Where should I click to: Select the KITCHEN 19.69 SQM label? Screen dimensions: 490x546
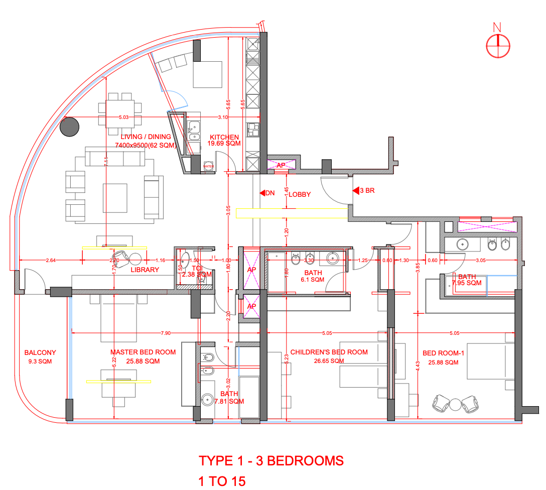pos(224,140)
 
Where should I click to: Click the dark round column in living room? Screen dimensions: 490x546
pos(69,127)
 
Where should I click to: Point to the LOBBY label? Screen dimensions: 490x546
pos(300,194)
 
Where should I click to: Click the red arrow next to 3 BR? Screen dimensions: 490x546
pos(355,191)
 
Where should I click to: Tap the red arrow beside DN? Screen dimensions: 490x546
pos(261,193)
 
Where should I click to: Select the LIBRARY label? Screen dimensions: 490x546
pos(145,270)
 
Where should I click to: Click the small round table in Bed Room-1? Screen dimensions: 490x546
pos(455,404)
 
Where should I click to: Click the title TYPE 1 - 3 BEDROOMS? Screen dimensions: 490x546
pos(271,460)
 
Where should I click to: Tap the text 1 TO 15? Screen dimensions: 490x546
pos(222,481)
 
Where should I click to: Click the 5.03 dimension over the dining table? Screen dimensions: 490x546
pos(123,117)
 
